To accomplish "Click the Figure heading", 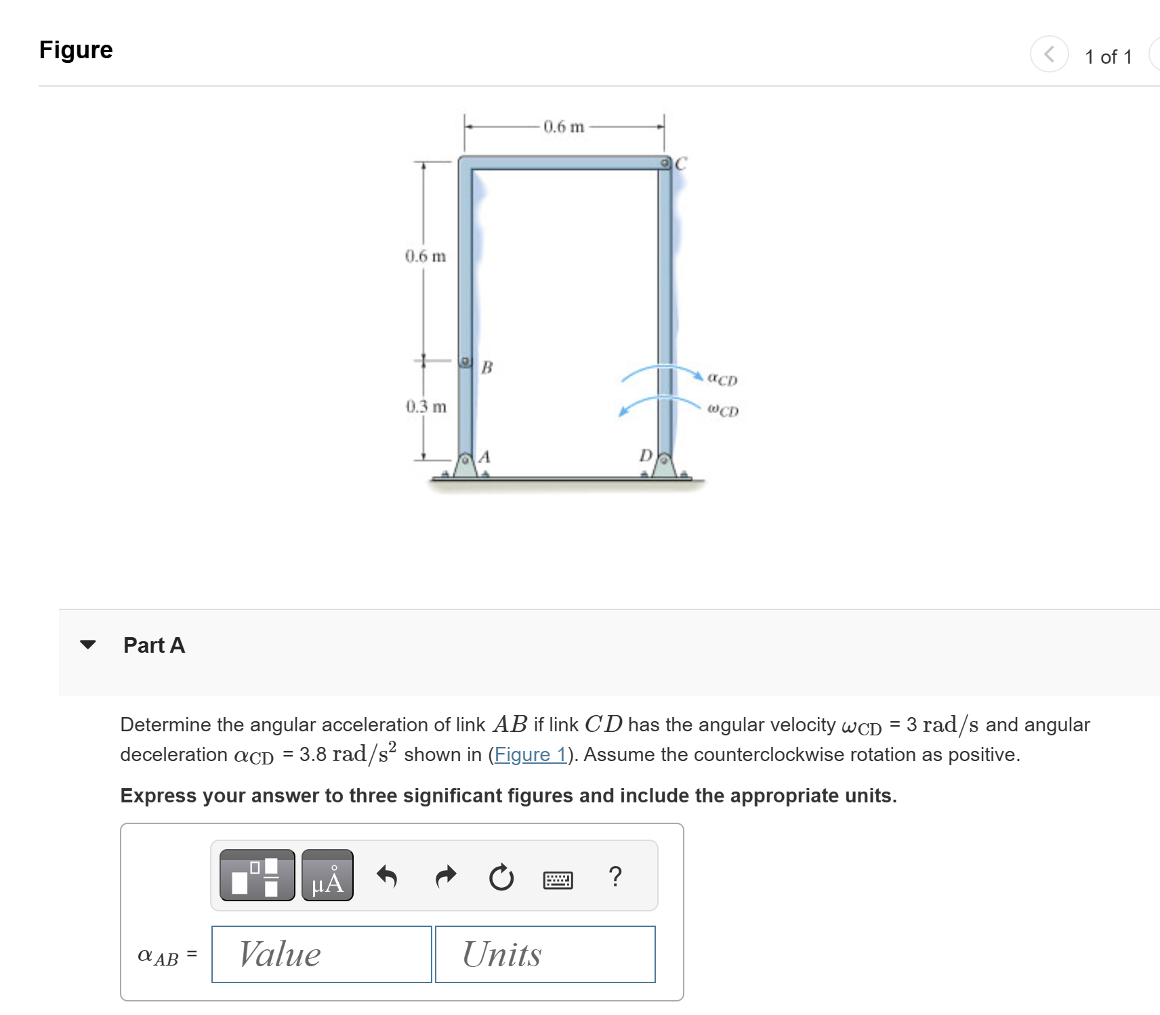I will coord(76,50).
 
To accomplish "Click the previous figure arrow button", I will coord(1049,54).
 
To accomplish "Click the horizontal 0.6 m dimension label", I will coord(563,127).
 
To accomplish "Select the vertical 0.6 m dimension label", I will coord(426,257).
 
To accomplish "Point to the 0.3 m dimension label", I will coord(426,406).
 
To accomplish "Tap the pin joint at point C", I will coord(665,163).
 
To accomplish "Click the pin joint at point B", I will coord(465,362).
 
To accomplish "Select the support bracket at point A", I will coord(465,465).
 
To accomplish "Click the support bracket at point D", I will coord(664,465).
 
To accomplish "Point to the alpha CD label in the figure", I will coord(722,379).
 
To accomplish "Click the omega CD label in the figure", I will coord(723,410).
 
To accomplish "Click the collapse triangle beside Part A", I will coord(88,645).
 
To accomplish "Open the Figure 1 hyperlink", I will coord(530,754).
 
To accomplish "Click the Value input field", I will coord(321,954).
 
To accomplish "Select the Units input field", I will coord(545,954).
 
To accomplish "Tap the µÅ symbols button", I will coord(327,876).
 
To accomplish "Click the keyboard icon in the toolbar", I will coord(558,880).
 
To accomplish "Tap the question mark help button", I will coord(615,876).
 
